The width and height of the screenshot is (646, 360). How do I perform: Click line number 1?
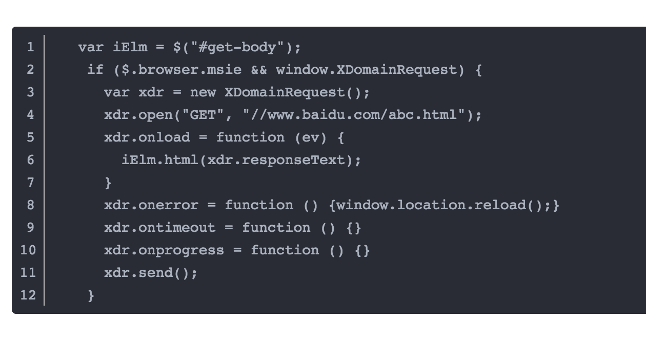30,47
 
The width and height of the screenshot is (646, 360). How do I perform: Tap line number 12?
28,295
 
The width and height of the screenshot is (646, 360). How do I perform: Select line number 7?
30,183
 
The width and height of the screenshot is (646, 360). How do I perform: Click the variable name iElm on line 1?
130,47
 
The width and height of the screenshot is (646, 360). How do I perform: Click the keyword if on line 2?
95,70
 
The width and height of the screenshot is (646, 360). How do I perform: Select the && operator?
259,70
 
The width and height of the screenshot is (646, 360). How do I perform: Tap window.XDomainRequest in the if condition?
366,70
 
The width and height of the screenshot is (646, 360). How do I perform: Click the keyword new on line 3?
203,92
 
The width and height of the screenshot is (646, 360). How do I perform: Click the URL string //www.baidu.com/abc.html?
354,115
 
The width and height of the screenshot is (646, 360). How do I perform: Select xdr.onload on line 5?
147,137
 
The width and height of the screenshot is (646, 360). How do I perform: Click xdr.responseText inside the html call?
276,160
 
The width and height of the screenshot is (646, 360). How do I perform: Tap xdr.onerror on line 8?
151,205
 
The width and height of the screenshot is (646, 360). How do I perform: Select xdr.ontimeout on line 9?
159,228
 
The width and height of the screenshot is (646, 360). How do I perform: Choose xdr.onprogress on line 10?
164,250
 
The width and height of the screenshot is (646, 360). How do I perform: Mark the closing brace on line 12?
91,295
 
